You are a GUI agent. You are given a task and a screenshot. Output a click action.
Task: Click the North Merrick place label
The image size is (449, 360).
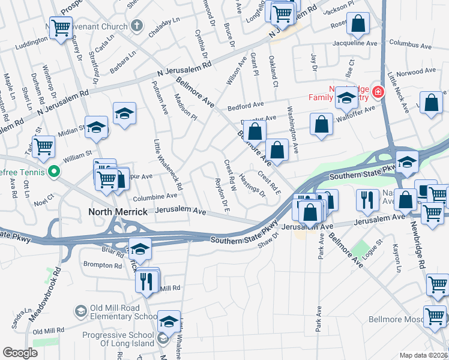click(118, 212)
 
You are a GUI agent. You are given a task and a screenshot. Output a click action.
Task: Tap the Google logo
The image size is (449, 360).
click(20, 353)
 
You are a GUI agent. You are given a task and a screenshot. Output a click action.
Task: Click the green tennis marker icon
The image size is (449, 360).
click(54, 171)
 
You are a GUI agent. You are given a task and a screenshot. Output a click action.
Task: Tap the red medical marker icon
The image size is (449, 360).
click(378, 92)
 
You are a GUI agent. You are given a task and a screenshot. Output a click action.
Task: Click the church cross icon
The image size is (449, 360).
click(136, 26)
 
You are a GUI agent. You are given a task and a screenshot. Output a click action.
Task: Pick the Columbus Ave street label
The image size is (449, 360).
click(410, 43)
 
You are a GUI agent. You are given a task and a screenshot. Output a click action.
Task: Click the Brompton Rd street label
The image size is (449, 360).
click(102, 265)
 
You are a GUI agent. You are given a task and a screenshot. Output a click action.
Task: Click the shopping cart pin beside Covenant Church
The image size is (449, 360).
click(61, 28)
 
